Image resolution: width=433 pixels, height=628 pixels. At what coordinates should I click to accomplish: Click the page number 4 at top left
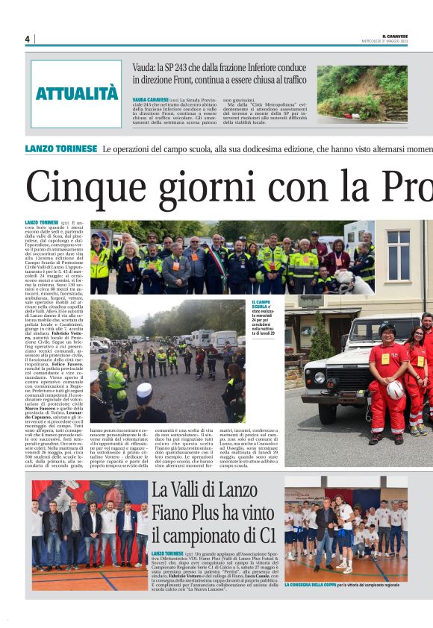pyautogui.click(x=27, y=39)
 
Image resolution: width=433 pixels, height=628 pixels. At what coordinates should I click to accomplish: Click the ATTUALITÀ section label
pyautogui.click(x=77, y=94)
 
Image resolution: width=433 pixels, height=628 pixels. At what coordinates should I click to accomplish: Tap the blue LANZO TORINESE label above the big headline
pyautogui.click(x=60, y=148)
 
